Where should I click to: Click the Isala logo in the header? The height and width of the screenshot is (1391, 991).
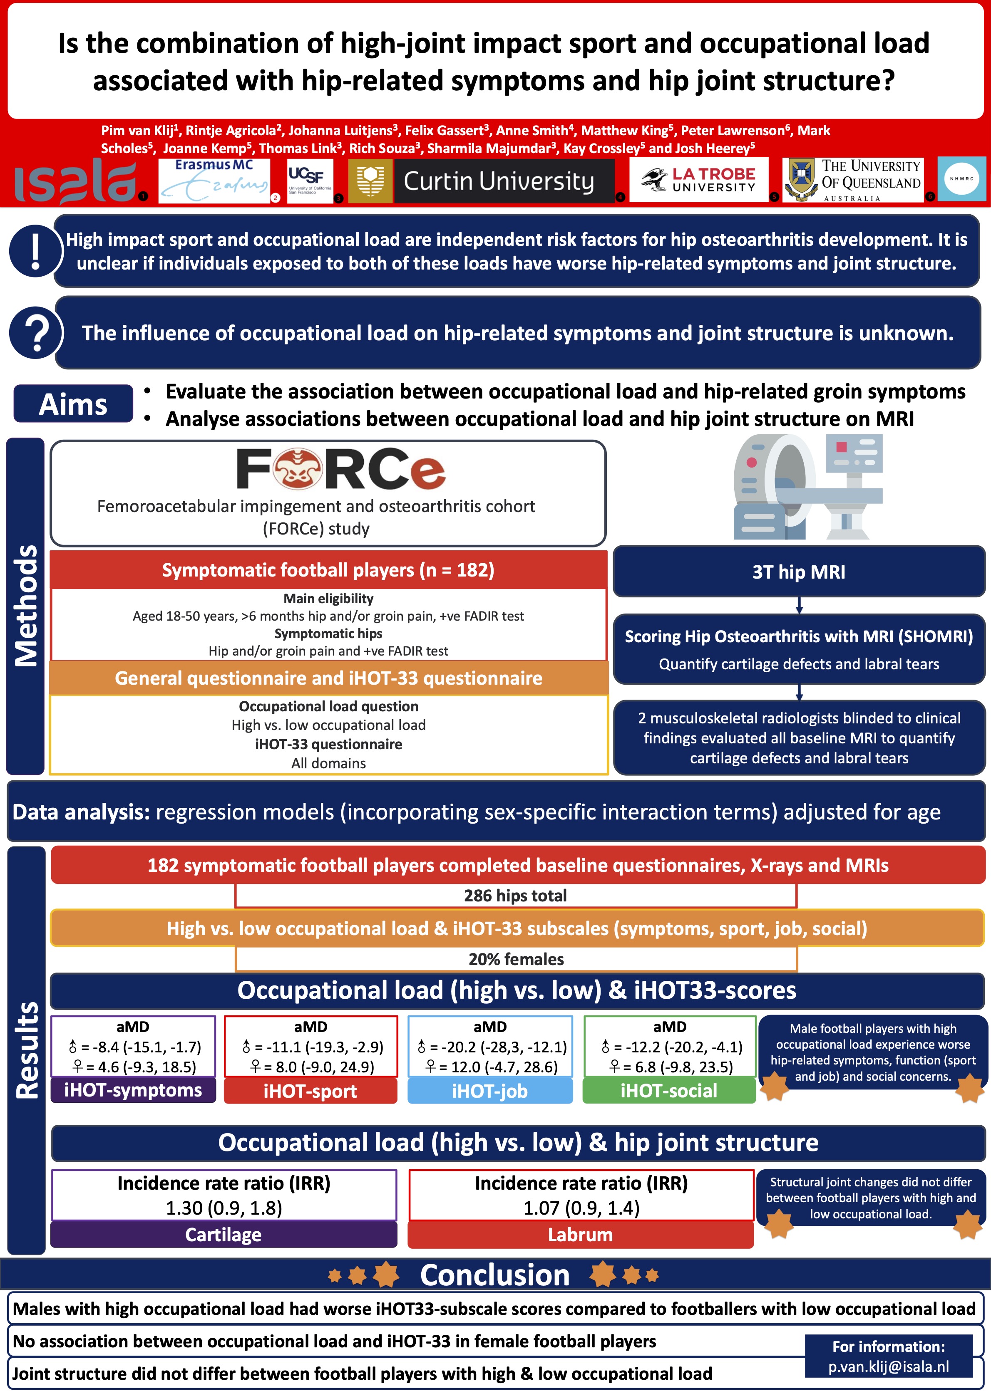click(x=75, y=181)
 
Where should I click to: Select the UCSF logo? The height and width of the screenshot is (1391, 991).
click(x=310, y=181)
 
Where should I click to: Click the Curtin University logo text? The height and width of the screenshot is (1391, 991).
click(x=499, y=181)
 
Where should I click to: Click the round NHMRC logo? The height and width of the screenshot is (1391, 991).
click(x=962, y=179)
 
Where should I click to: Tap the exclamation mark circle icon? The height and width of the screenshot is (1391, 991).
click(x=35, y=251)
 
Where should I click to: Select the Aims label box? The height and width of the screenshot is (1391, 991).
click(x=73, y=404)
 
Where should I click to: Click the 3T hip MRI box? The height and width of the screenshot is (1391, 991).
click(x=798, y=572)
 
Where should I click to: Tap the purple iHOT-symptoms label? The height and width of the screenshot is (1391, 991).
click(x=133, y=1090)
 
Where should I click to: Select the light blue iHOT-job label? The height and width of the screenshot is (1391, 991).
click(x=490, y=1090)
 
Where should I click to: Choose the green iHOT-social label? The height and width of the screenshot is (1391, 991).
click(x=669, y=1090)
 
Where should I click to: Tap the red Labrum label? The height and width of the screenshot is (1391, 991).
click(x=580, y=1234)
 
